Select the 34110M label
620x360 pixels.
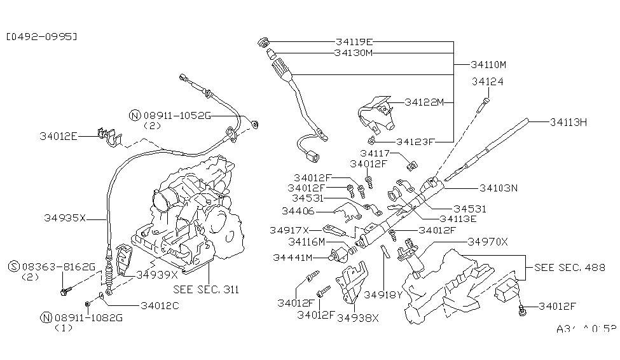click(x=488, y=64)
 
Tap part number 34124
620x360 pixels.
click(x=487, y=81)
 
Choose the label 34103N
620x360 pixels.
click(x=499, y=188)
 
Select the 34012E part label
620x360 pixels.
click(x=59, y=135)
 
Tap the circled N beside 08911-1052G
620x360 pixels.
click(x=134, y=115)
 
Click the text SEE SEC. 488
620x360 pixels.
click(x=570, y=267)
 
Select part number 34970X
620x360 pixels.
click(x=488, y=242)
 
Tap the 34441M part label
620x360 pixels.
click(x=293, y=257)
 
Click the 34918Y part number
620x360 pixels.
click(x=384, y=294)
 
